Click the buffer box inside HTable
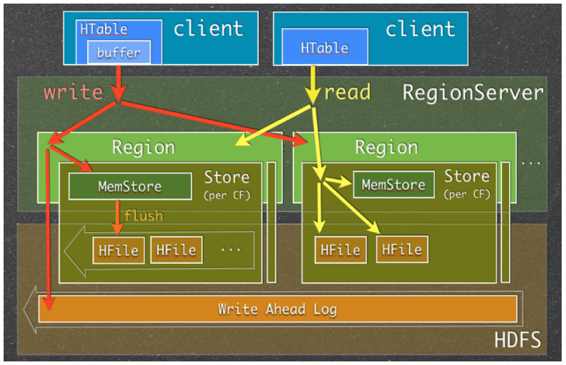click(x=119, y=52)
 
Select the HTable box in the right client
click(x=325, y=47)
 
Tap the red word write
click(x=73, y=93)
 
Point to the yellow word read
click(x=347, y=92)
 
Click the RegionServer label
click(x=473, y=93)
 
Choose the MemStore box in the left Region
click(x=130, y=186)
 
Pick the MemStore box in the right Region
click(x=393, y=185)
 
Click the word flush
click(x=144, y=216)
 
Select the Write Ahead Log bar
click(x=278, y=309)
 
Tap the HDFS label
click(x=518, y=340)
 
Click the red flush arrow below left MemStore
click(x=117, y=218)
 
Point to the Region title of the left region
click(x=144, y=147)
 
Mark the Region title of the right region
click(x=387, y=147)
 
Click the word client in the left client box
click(x=209, y=29)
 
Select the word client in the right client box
click(x=421, y=29)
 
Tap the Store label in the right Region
click(x=467, y=176)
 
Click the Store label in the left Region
click(x=227, y=177)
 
